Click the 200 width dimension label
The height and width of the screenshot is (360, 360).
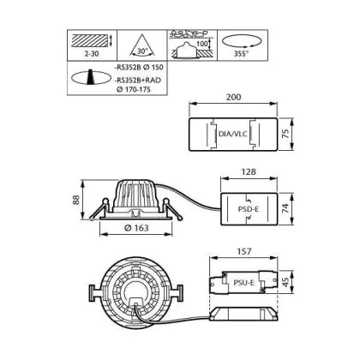coord(233,97)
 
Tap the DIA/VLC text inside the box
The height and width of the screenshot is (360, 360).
coord(233,134)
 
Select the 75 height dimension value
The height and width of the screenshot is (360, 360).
coord(285,134)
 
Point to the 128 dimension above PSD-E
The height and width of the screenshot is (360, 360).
coord(249,171)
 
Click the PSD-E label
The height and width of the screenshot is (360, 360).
coord(249,209)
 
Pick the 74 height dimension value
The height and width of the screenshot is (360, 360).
coord(285,208)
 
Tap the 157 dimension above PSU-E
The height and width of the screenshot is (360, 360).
coord(244,251)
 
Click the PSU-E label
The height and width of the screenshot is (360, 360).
coord(243,283)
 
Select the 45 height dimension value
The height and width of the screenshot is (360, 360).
coord(285,283)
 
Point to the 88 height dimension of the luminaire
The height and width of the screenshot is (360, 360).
coord(75,200)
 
